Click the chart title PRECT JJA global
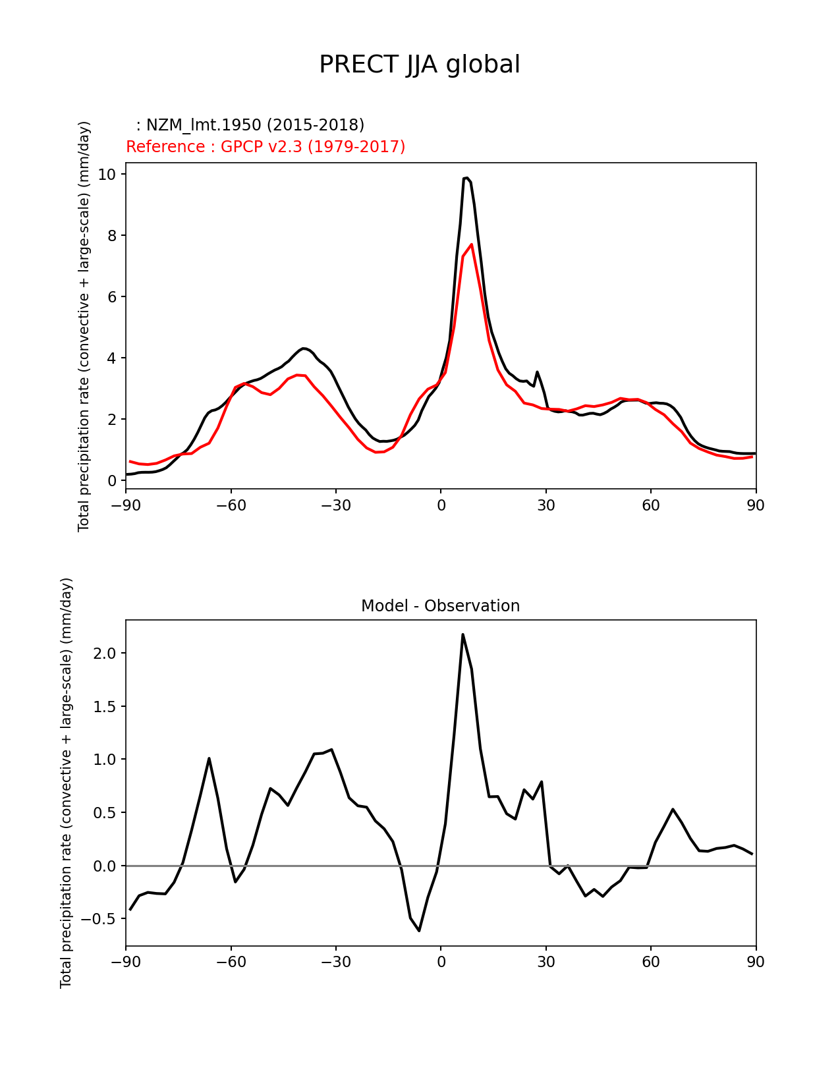coord(419,65)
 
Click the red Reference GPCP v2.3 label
coord(266,147)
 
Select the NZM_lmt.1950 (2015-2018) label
coord(250,125)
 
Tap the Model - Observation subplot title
coord(440,606)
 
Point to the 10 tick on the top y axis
coord(107,175)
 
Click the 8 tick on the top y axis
coord(111,236)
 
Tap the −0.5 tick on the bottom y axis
coord(103,919)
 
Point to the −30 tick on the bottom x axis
coord(335,962)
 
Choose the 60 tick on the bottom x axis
coord(650,962)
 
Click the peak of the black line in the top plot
coord(466,178)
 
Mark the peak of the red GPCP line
coord(471,244)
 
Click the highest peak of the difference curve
coord(462,634)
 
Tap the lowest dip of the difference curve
coord(419,930)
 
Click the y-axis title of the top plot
coord(84,326)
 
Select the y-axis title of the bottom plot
coord(66,783)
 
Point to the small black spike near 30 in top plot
coord(537,372)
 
